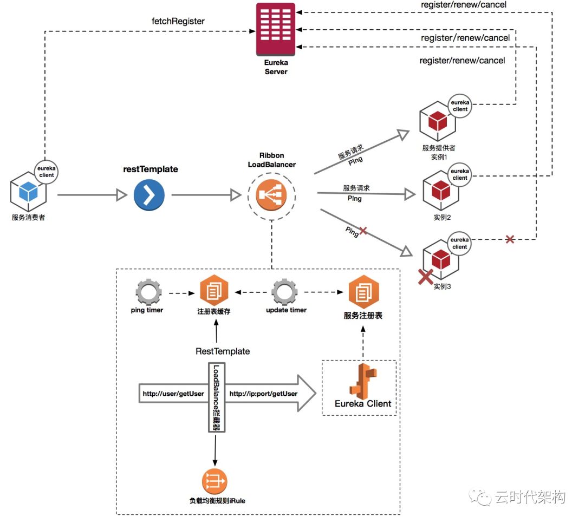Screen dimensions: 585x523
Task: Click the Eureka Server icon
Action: click(275, 29)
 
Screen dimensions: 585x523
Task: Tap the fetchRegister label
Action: click(178, 21)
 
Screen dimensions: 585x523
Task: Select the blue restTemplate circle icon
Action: click(149, 195)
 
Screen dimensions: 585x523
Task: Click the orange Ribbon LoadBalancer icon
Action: click(271, 195)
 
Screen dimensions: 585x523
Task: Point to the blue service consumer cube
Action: click(28, 191)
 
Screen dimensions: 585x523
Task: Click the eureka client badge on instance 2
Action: click(460, 174)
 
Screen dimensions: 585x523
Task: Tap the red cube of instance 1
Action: click(438, 121)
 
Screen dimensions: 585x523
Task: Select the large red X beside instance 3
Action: click(425, 277)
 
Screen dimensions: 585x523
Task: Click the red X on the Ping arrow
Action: click(362, 231)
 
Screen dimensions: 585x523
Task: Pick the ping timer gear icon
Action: click(148, 292)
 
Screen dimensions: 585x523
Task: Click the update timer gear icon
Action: click(284, 292)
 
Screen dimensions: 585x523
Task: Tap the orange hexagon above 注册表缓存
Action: click(214, 291)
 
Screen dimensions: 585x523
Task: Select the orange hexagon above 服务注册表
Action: click(364, 292)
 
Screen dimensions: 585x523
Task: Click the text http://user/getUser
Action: click(173, 394)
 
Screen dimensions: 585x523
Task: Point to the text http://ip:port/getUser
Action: click(263, 394)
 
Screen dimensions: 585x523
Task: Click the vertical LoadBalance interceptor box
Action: click(216, 397)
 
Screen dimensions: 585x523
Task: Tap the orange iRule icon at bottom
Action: click(214, 481)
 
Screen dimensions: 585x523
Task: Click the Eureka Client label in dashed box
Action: click(362, 404)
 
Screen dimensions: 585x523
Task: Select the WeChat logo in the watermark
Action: click(480, 498)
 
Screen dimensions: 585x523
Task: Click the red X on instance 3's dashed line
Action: click(510, 239)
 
